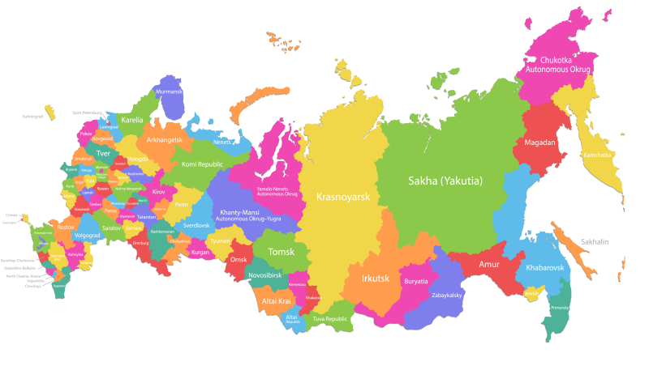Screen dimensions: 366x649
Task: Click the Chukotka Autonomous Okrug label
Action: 559,65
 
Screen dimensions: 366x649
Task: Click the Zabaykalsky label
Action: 446,295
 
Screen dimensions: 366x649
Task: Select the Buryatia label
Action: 416,280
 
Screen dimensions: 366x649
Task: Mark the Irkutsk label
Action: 376,278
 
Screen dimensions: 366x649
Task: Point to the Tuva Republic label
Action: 330,318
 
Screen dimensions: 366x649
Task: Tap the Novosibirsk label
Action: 264,274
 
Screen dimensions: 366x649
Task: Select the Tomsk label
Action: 282,251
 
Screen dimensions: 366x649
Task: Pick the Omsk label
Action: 239,259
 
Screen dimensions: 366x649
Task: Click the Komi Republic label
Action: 191,164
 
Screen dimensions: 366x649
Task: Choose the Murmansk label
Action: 170,91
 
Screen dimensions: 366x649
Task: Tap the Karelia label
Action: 131,119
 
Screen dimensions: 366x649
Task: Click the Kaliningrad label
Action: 33,116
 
